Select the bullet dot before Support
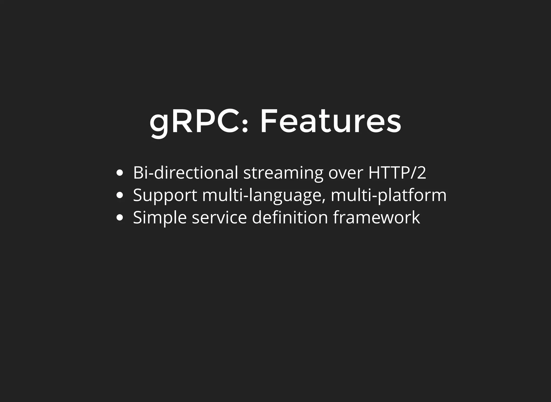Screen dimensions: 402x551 [120, 195]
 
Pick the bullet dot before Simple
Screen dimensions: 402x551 [120, 217]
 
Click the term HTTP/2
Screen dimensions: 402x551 [397, 172]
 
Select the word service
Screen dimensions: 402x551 [219, 217]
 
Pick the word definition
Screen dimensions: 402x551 [290, 217]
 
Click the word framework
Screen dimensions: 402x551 [376, 217]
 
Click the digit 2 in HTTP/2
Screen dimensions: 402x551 [421, 172]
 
